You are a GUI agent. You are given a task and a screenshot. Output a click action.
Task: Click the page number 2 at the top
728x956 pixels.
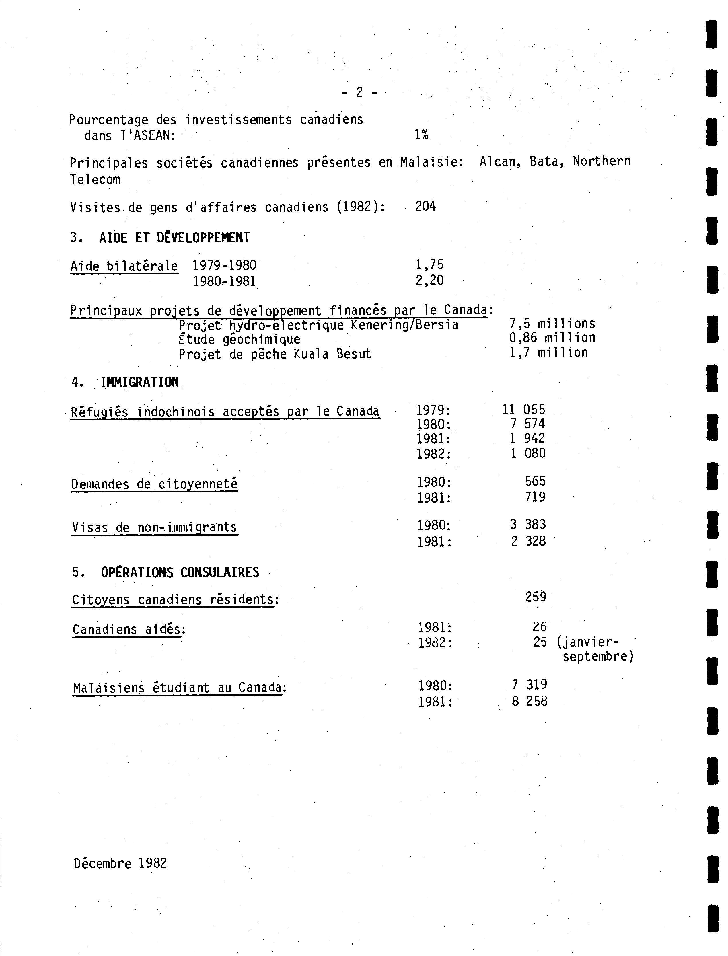pyautogui.click(x=359, y=92)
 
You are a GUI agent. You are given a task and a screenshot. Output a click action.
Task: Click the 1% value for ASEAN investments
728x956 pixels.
pyautogui.click(x=421, y=135)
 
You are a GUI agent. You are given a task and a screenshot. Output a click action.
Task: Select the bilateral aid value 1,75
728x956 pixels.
pyautogui.click(x=429, y=264)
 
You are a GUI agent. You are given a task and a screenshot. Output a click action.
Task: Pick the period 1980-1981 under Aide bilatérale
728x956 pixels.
pyautogui.click(x=225, y=281)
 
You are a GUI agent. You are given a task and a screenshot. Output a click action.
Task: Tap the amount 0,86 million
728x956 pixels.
pyautogui.click(x=552, y=338)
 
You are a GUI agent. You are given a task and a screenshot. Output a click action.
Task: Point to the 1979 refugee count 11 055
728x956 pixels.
pyautogui.click(x=523, y=410)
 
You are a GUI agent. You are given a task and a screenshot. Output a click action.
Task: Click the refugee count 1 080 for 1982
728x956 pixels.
pyautogui.click(x=527, y=453)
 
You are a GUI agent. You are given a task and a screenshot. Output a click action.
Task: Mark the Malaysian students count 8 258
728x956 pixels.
pyautogui.click(x=529, y=701)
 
